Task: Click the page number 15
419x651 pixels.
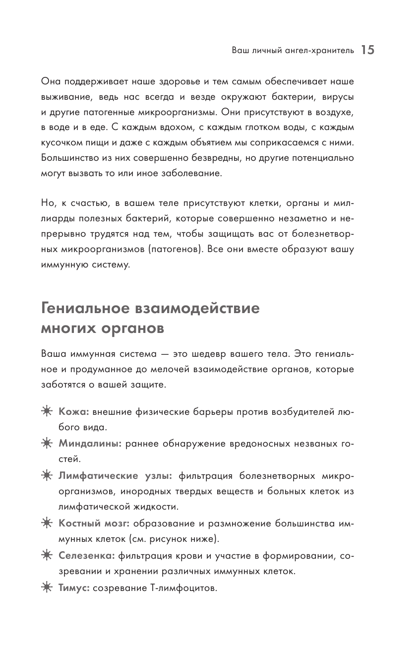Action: tap(367, 50)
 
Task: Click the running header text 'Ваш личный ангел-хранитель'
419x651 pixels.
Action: tap(293, 51)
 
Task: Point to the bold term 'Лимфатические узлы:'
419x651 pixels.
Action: tap(115, 476)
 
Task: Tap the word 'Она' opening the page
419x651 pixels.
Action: tap(52, 80)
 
